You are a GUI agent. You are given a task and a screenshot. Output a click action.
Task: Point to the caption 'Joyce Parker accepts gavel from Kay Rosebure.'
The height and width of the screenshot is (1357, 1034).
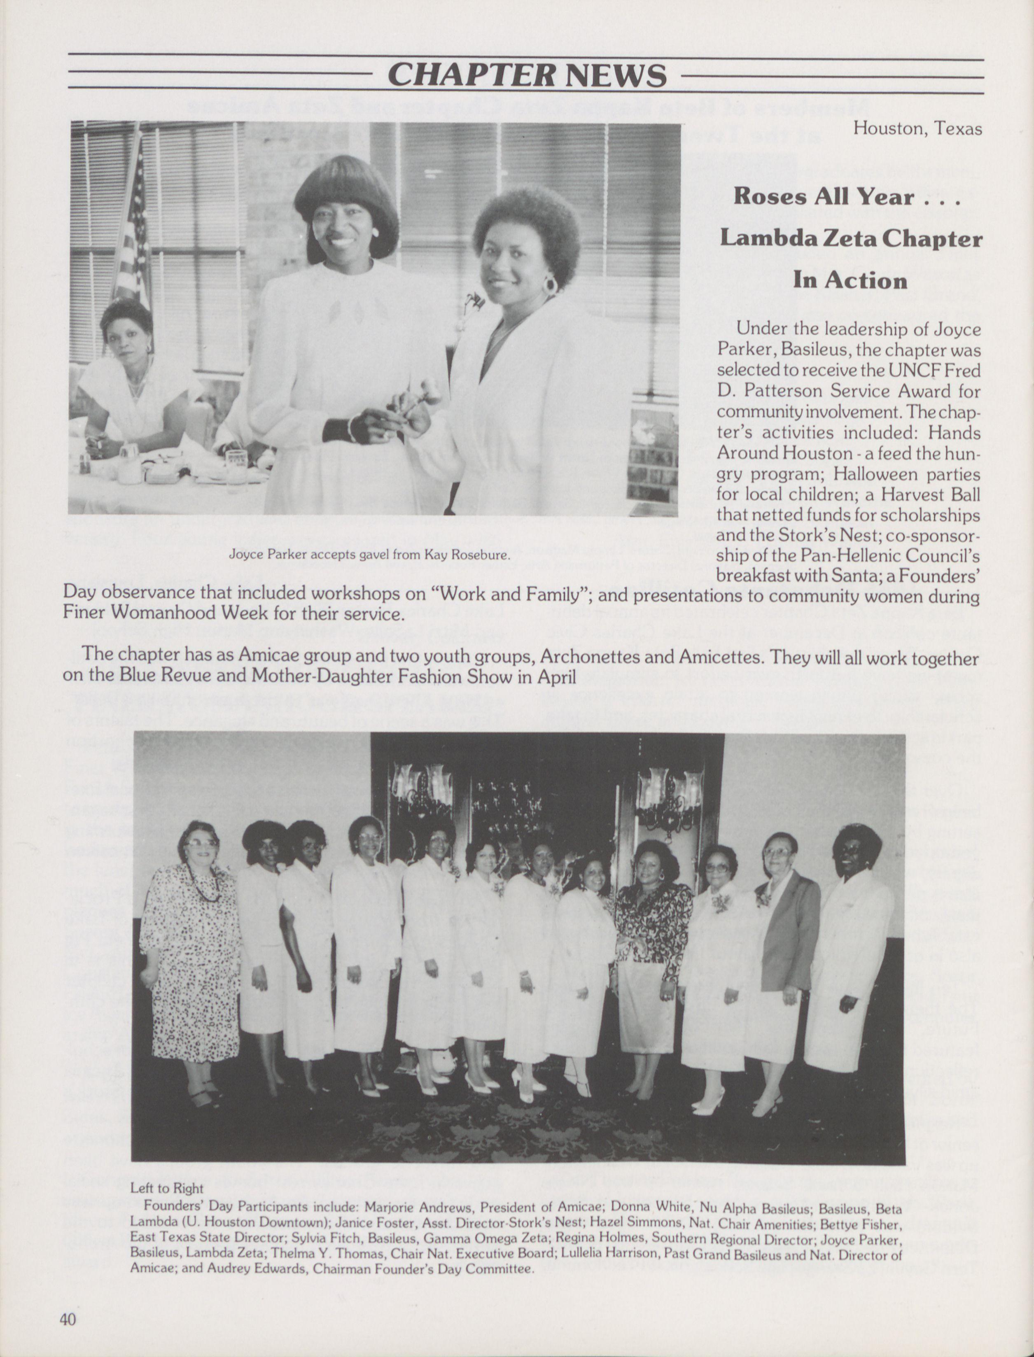pos(369,555)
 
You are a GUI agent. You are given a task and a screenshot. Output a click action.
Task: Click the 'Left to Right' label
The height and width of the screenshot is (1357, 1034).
pos(167,1188)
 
